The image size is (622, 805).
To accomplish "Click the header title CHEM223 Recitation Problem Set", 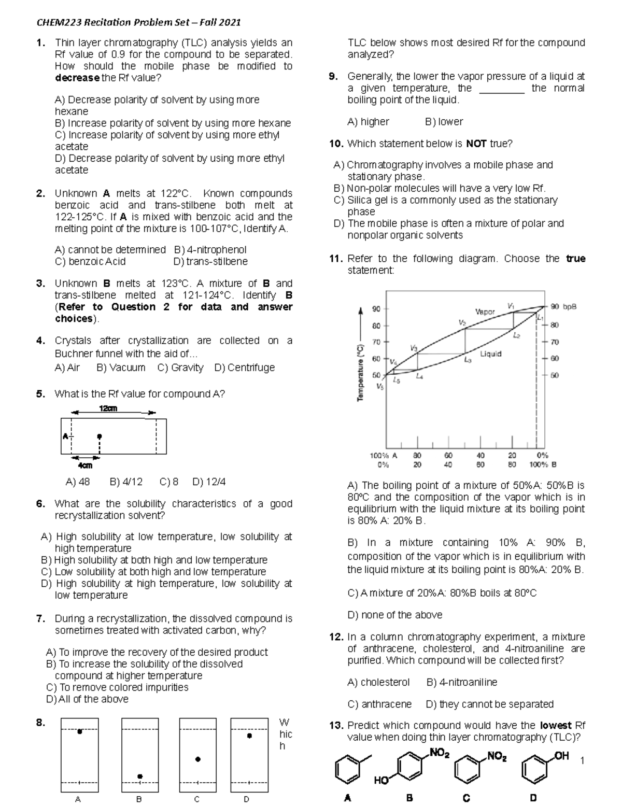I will click(x=138, y=22).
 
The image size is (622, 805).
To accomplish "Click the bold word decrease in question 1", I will click(x=77, y=78).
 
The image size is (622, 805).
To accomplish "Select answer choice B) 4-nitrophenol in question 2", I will click(x=210, y=250).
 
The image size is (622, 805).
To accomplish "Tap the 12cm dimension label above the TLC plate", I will click(x=108, y=408).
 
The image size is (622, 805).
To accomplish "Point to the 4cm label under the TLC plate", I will click(x=85, y=465).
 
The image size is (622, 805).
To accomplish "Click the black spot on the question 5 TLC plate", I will click(x=100, y=436).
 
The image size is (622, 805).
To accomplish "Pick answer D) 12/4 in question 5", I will click(x=209, y=482).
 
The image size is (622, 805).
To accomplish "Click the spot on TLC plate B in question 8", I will click(x=140, y=776).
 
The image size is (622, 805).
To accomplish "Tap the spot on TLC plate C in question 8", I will click(x=197, y=759).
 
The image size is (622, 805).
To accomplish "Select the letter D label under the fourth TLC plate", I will click(x=246, y=799).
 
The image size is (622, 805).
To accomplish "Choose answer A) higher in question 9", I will click(x=368, y=122).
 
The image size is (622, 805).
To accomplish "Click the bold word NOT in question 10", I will click(x=475, y=144).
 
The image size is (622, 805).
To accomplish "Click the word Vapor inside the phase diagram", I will click(x=485, y=312).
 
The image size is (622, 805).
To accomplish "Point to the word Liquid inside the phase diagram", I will click(x=490, y=354).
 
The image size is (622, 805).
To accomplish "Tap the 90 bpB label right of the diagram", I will click(x=563, y=306).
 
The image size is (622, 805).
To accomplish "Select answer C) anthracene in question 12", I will click(x=379, y=704).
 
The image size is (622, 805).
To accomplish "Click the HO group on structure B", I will click(x=381, y=781).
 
